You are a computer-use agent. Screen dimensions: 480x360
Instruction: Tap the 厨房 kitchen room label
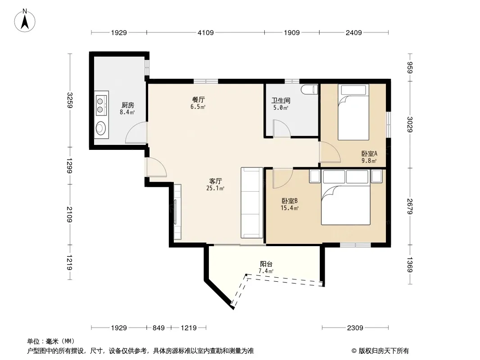click(127, 105)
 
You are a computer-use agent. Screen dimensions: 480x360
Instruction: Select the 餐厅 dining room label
click(199, 100)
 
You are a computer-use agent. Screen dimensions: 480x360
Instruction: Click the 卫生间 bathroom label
click(281, 100)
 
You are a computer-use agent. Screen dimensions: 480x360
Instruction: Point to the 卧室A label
click(369, 153)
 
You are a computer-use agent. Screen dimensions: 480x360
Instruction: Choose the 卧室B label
click(290, 201)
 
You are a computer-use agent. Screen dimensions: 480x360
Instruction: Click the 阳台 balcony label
click(266, 264)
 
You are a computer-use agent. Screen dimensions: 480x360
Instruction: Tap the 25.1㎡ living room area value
click(215, 188)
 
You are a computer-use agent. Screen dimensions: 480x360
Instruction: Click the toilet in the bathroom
click(310, 90)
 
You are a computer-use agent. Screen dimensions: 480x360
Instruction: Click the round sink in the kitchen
click(101, 128)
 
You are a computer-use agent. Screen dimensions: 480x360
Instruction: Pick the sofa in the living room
click(252, 202)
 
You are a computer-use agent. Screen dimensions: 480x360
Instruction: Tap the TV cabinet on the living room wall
click(177, 211)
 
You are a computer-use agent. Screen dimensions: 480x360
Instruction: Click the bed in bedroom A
click(353, 112)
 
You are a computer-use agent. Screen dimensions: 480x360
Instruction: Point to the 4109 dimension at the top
click(205, 32)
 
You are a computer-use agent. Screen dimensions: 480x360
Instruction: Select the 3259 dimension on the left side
click(70, 100)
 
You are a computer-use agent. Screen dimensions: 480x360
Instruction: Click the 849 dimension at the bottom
click(158, 328)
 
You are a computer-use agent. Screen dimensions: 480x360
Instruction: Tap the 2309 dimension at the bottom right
click(355, 328)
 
